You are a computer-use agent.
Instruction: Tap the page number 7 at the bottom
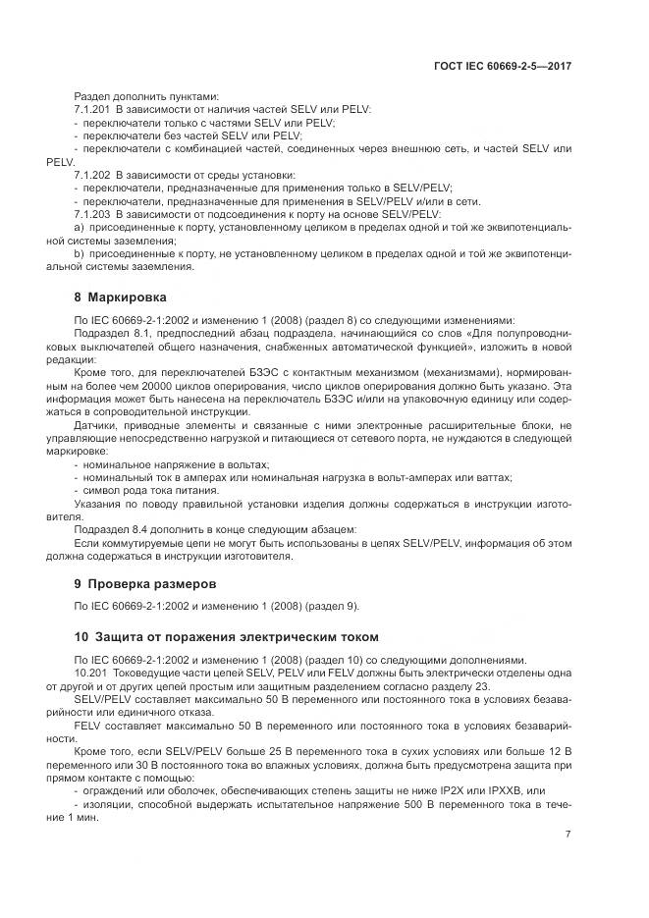[568, 835]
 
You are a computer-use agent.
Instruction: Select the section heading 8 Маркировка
[121, 296]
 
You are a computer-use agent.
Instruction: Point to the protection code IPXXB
[517, 789]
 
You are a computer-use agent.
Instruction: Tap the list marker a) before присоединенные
[80, 226]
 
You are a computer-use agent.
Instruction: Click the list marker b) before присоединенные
[80, 252]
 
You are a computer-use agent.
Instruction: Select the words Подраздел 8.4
[111, 527]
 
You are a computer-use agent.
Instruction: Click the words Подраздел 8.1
[111, 334]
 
